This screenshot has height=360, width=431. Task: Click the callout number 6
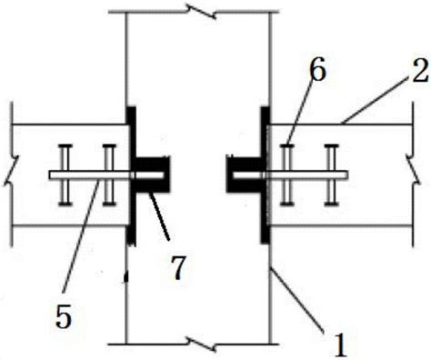(x=318, y=71)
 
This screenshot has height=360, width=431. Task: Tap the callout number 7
(x=177, y=268)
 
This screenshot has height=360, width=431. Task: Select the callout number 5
(x=64, y=316)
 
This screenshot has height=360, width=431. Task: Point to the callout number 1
(x=340, y=345)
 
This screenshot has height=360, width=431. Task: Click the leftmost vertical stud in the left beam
(x=65, y=175)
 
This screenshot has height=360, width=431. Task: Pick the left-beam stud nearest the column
(x=109, y=175)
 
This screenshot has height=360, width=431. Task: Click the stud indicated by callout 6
(x=287, y=175)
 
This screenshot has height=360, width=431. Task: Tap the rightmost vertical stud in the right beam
(x=331, y=175)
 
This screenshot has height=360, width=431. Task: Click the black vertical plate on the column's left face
(x=131, y=175)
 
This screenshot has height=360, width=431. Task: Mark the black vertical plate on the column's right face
(x=266, y=175)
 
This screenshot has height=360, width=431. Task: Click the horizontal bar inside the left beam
(x=106, y=175)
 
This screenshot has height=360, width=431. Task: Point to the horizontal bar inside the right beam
(x=290, y=175)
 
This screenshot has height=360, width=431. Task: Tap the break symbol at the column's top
(x=201, y=12)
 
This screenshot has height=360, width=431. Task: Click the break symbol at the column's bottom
(x=201, y=345)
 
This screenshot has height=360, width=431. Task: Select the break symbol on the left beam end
(x=12, y=175)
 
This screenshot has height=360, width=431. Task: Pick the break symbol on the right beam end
(x=413, y=175)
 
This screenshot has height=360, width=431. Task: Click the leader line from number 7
(x=158, y=216)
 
